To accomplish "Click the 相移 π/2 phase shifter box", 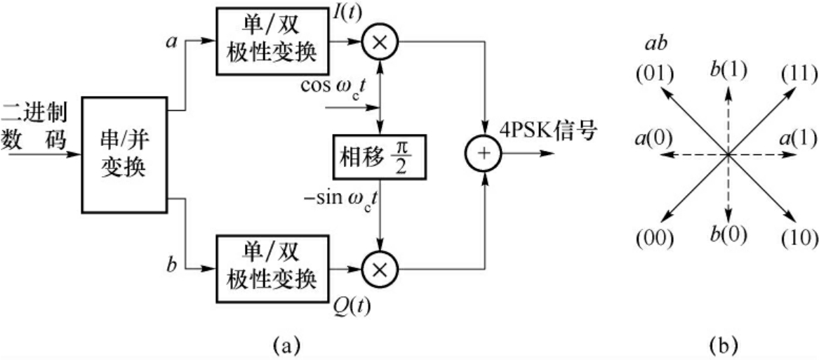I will (x=379, y=156).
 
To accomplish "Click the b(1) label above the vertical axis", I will (x=728, y=69).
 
